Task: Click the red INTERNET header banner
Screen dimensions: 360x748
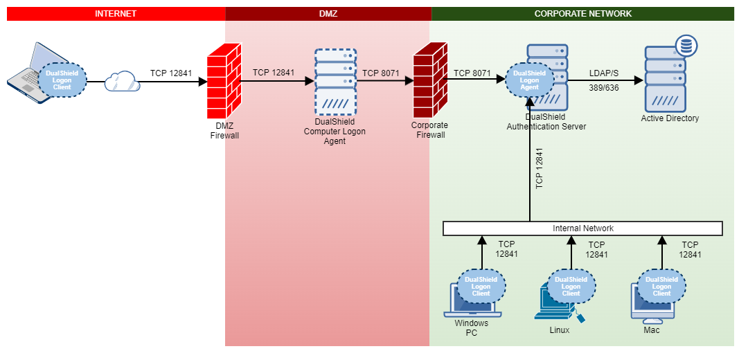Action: pyautogui.click(x=116, y=14)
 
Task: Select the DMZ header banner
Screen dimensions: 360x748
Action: pyautogui.click(x=328, y=14)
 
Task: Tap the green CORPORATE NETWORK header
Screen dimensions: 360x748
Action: pyautogui.click(x=582, y=14)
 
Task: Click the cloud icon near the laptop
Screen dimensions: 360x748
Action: pyautogui.click(x=122, y=82)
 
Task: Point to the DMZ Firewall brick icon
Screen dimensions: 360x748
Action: pyautogui.click(x=224, y=82)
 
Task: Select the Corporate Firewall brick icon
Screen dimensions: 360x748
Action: pyautogui.click(x=429, y=82)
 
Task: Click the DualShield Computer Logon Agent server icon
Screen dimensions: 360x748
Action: pyautogui.click(x=335, y=82)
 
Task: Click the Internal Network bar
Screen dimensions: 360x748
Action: pyautogui.click(x=582, y=228)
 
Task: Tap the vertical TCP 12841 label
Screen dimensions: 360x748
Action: pyautogui.click(x=540, y=168)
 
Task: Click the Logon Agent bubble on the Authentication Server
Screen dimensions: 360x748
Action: pyautogui.click(x=529, y=80)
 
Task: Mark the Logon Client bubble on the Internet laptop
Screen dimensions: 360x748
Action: pyautogui.click(x=62, y=80)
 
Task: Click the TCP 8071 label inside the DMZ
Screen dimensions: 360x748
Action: pyautogui.click(x=380, y=73)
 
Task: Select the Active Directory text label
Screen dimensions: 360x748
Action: pyautogui.click(x=670, y=118)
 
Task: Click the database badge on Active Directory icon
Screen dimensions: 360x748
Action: pyautogui.click(x=686, y=46)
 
